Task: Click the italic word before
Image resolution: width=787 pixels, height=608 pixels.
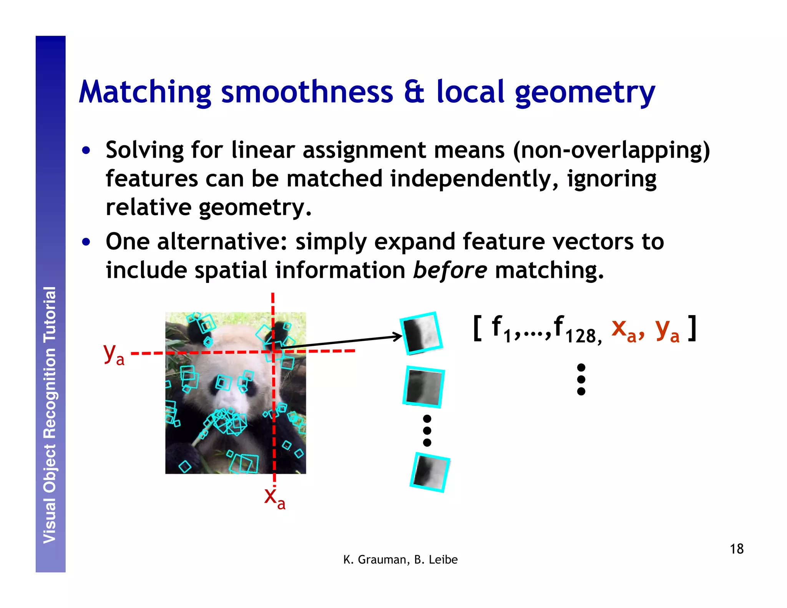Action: pyautogui.click(x=450, y=270)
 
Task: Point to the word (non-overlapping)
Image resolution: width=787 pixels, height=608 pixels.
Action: pyautogui.click(x=611, y=151)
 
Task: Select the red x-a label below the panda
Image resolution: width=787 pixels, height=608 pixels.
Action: pyautogui.click(x=274, y=498)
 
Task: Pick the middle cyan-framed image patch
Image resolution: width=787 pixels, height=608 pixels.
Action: pyautogui.click(x=423, y=387)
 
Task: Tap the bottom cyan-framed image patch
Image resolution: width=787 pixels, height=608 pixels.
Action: pyautogui.click(x=430, y=472)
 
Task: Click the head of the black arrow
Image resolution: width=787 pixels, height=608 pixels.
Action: pyautogui.click(x=400, y=337)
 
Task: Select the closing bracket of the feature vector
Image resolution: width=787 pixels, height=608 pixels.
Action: pyautogui.click(x=692, y=328)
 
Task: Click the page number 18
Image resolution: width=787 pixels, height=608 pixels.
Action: pyautogui.click(x=736, y=549)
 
